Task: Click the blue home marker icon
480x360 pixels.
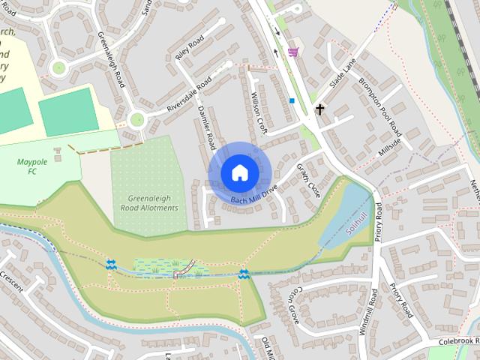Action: pos(239,172)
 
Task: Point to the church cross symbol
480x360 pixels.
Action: pos(320,109)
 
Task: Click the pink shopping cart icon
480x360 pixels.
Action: pos(292,52)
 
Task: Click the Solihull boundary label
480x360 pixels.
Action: pos(359,225)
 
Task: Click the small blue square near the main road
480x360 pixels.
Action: pos(291,100)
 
